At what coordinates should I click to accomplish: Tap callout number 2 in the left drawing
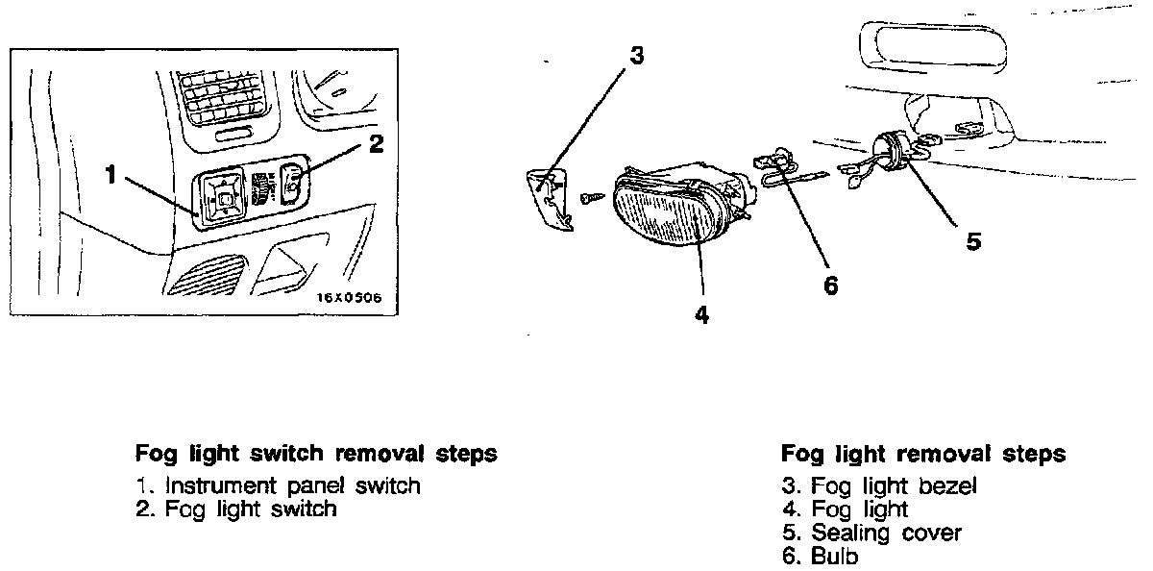(x=376, y=144)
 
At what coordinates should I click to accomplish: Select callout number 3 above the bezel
(x=635, y=55)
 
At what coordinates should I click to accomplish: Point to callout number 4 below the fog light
(x=702, y=314)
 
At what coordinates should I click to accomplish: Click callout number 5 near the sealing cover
(x=973, y=241)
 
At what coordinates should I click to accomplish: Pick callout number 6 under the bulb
(x=831, y=285)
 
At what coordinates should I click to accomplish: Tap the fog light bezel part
(x=550, y=197)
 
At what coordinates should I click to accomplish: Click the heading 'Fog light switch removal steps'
(x=316, y=454)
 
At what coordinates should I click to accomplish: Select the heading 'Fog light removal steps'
(x=923, y=454)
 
